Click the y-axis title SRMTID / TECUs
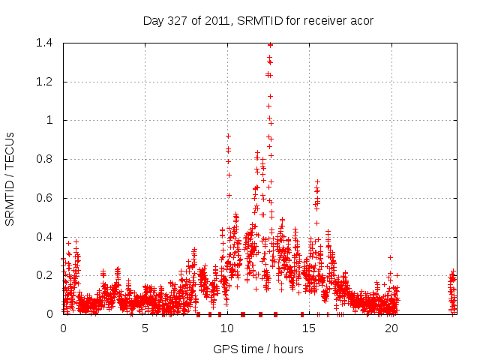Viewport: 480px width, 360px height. click(x=10, y=178)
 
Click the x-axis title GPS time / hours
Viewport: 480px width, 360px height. click(x=257, y=349)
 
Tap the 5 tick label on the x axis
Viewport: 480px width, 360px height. click(x=145, y=328)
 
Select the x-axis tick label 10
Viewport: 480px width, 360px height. click(x=226, y=328)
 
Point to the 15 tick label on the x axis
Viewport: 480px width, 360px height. click(x=309, y=328)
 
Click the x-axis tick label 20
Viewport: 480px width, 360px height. click(x=391, y=328)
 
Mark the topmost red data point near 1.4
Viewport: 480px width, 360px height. click(x=270, y=45)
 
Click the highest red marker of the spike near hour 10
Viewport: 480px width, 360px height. click(x=228, y=136)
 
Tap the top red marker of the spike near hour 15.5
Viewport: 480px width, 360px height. click(x=317, y=181)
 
